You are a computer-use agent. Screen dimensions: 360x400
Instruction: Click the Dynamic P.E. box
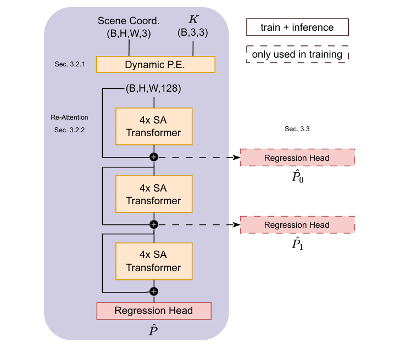(x=155, y=64)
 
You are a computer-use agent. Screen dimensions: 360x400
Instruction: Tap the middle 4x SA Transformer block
(x=153, y=194)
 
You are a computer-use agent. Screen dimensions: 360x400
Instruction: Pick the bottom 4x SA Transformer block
(x=153, y=261)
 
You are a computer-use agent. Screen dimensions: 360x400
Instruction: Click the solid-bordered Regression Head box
(x=154, y=311)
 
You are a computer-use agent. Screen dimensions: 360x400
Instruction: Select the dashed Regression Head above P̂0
(x=297, y=157)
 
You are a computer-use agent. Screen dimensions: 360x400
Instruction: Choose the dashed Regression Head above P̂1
(x=297, y=225)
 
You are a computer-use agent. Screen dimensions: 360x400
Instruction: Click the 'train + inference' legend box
(x=297, y=26)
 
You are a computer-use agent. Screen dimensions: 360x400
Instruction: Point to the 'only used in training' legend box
(x=297, y=54)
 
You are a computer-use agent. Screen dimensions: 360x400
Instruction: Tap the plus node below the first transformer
(x=154, y=157)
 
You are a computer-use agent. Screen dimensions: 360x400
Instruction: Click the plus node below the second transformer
(x=154, y=224)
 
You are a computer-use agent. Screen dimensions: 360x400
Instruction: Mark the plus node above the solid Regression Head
(x=154, y=291)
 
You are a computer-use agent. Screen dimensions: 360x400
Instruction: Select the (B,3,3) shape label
(x=193, y=32)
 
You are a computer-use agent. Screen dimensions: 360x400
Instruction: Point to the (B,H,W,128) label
(x=153, y=88)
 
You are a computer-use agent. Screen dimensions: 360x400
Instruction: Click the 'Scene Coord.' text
(x=129, y=20)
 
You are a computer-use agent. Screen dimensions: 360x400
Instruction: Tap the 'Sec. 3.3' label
(x=297, y=128)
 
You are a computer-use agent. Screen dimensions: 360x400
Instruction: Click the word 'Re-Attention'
(x=69, y=117)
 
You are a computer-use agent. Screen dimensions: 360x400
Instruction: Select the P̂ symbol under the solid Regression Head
(x=154, y=330)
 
